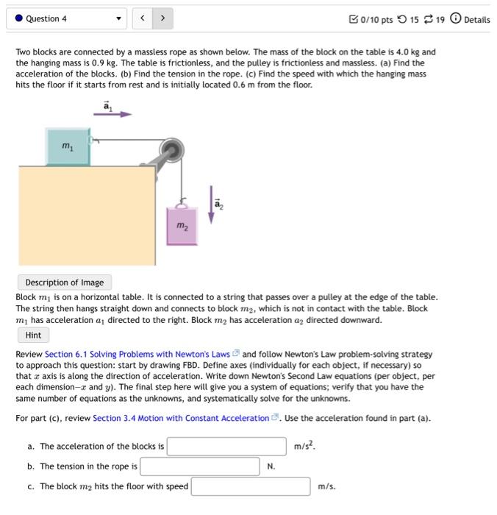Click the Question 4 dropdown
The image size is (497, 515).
[67, 18]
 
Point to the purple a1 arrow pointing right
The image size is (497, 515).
[116, 114]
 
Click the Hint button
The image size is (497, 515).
[33, 335]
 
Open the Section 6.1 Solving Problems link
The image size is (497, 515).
[137, 354]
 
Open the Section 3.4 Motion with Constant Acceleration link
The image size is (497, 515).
[182, 418]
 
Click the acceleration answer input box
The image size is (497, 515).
[226, 447]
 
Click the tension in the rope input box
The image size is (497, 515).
[199, 466]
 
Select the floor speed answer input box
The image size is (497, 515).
[250, 486]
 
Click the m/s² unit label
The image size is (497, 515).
[305, 446]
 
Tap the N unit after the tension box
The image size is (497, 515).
[271, 466]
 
